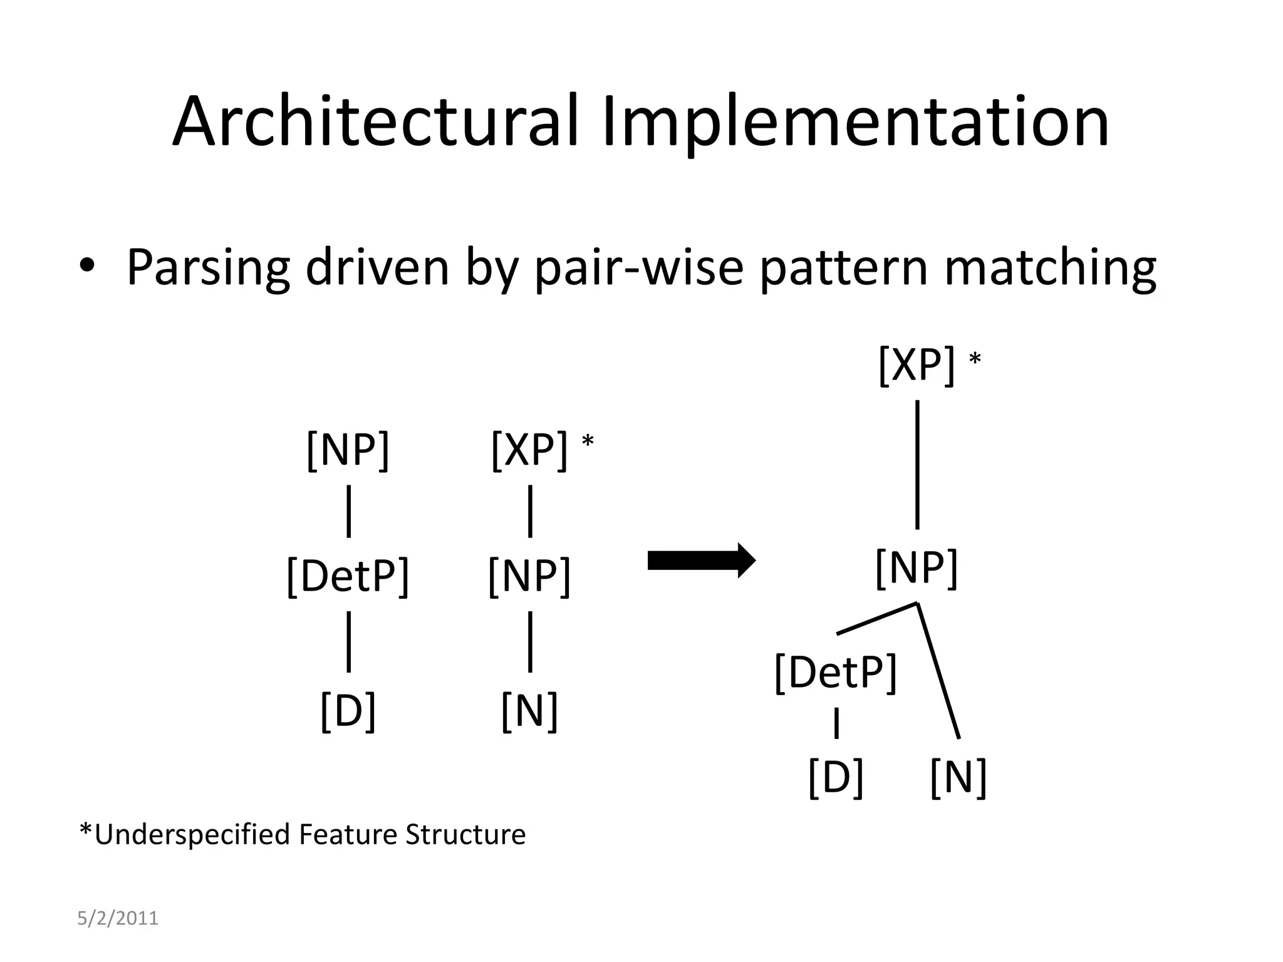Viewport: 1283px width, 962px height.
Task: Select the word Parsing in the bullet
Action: point(208,267)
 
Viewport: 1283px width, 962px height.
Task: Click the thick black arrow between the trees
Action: point(701,561)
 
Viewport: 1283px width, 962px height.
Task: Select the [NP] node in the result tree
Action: point(917,567)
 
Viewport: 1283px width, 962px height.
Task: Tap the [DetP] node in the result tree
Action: point(836,672)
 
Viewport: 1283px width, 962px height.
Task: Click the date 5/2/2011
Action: point(118,918)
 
